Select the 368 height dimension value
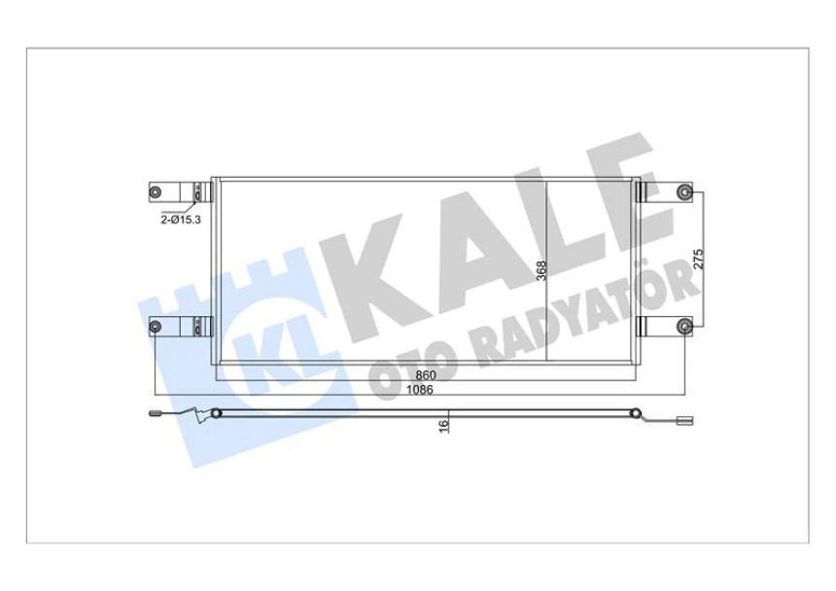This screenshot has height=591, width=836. click(542, 270)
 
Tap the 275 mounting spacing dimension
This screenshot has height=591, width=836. click(697, 260)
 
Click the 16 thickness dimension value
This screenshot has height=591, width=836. click(442, 425)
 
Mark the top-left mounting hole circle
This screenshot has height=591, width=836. click(156, 191)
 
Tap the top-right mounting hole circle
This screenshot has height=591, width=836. click(684, 191)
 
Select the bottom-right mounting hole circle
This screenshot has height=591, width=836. click(684, 326)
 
